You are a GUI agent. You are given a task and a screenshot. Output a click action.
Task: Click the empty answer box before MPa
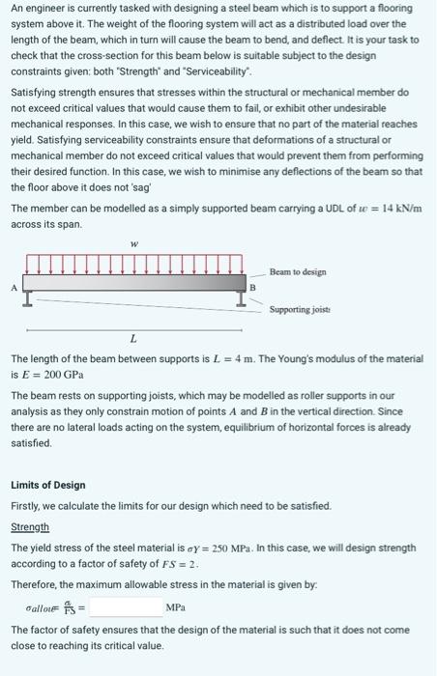click(x=125, y=607)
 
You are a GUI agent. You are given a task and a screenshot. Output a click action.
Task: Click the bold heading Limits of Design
click(x=48, y=485)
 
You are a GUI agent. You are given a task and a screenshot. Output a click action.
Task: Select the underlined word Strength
click(x=30, y=526)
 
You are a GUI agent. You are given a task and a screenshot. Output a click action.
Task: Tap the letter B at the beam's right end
click(x=253, y=286)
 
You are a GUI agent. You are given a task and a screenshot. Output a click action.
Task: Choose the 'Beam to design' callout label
click(x=298, y=272)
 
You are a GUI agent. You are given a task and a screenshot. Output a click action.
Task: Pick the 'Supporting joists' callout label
click(x=302, y=310)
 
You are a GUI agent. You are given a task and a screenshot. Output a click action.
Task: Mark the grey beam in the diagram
click(x=135, y=283)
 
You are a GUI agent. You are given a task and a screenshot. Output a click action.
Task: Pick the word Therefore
click(x=35, y=584)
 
